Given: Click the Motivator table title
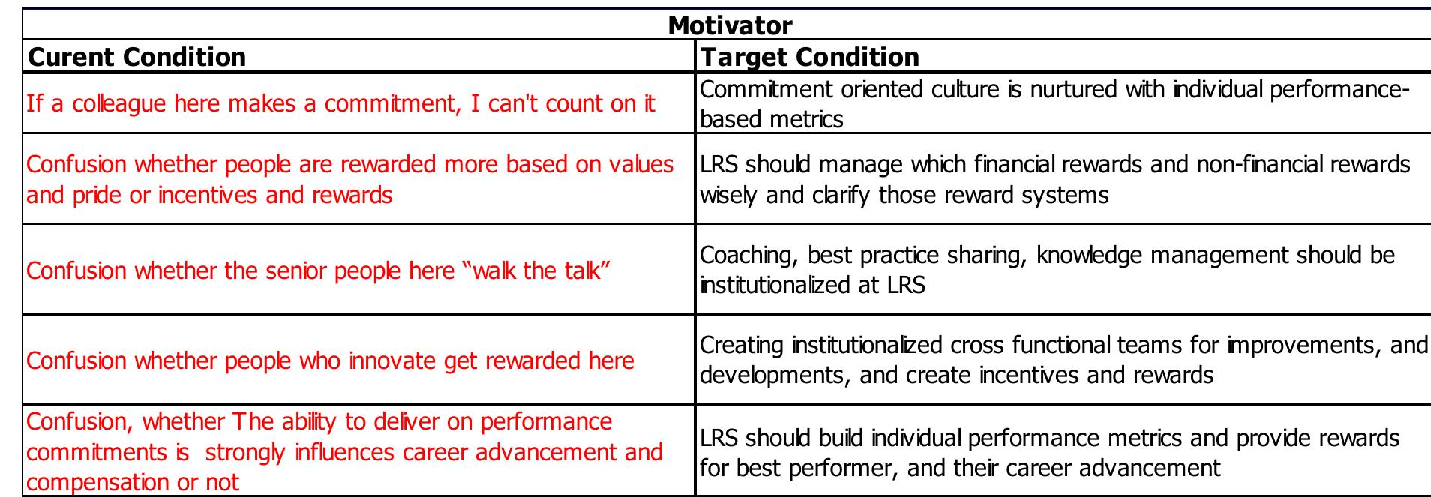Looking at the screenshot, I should click(x=729, y=25).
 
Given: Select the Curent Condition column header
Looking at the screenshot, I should click(x=136, y=57).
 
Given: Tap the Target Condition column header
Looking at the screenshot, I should click(x=809, y=57).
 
